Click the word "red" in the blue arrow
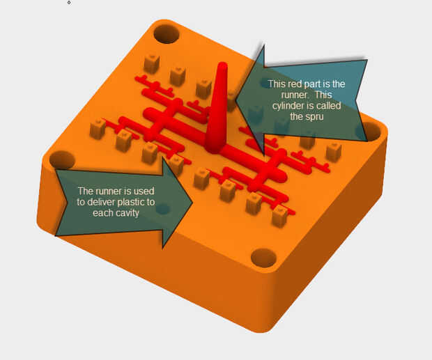pyautogui.click(x=295, y=84)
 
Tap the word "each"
pyautogui.click(x=102, y=213)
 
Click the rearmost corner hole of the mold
pyautogui.click(x=167, y=34)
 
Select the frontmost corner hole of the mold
pyautogui.click(x=263, y=258)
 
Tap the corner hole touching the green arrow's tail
pyautogui.click(x=62, y=160)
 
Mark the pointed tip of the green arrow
pyautogui.click(x=192, y=203)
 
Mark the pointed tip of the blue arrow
pyautogui.click(x=236, y=100)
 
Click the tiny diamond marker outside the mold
pyautogui.click(x=69, y=3)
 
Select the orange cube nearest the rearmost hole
pyautogui.click(x=152, y=63)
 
